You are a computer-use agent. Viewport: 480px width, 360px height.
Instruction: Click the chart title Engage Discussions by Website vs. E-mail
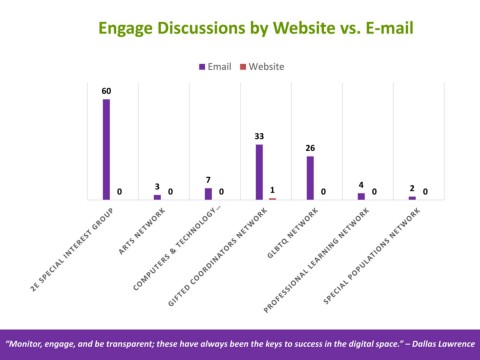click(256, 28)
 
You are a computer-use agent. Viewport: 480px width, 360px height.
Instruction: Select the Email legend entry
click(215, 67)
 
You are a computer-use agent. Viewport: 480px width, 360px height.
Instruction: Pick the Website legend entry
click(262, 67)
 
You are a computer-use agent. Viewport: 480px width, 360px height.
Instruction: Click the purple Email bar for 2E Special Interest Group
click(106, 149)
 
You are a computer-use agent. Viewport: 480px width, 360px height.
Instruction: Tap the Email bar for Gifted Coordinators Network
click(259, 172)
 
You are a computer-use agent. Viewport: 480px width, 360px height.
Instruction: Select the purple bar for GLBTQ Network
click(310, 178)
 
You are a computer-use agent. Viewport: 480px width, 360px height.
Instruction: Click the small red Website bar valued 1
click(273, 199)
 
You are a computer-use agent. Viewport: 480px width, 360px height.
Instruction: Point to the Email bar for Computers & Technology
click(208, 194)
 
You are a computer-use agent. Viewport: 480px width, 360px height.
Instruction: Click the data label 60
click(106, 91)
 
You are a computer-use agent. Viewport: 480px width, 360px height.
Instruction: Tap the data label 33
click(259, 136)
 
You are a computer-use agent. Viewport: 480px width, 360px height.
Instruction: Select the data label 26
click(310, 148)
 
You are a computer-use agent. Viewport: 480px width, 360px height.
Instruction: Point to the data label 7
click(208, 180)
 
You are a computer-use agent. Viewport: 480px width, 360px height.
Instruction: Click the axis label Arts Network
click(142, 231)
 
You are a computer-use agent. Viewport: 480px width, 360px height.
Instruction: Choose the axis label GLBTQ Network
click(293, 233)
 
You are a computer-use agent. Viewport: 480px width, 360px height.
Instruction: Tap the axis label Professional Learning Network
click(317, 260)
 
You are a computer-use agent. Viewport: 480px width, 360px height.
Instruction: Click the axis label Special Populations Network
click(372, 256)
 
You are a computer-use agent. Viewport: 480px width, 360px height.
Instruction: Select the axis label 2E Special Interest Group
click(72, 250)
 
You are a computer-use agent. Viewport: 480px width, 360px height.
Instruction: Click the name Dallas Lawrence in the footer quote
click(443, 344)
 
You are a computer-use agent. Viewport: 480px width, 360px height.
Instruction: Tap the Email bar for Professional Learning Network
click(361, 197)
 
